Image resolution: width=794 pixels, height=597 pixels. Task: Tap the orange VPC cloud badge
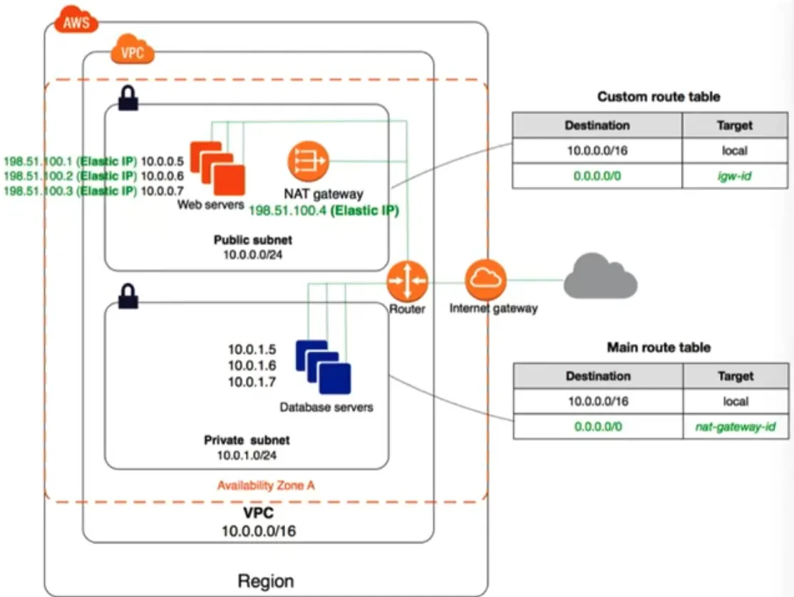[x=133, y=51]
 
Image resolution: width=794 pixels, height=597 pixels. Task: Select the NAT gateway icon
[x=308, y=162]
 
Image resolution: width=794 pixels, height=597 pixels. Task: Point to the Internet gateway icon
[x=486, y=279]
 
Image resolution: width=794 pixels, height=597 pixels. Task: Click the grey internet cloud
[x=600, y=281]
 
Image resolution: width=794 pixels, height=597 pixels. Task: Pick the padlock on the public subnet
[x=128, y=100]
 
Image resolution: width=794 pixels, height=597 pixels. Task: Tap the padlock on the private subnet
[x=128, y=296]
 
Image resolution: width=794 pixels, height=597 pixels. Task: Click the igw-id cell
[x=735, y=176]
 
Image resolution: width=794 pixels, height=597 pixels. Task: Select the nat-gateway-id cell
[x=735, y=427]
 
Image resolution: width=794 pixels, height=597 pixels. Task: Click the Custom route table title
[x=659, y=96]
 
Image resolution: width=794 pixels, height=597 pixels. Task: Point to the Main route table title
[x=659, y=348]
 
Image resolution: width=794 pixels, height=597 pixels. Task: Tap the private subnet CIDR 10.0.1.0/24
[x=247, y=455]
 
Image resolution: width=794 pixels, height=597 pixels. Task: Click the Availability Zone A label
[x=266, y=486]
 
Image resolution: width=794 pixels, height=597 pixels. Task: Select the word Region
[x=265, y=580]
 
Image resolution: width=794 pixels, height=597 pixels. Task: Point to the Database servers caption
[x=326, y=407]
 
